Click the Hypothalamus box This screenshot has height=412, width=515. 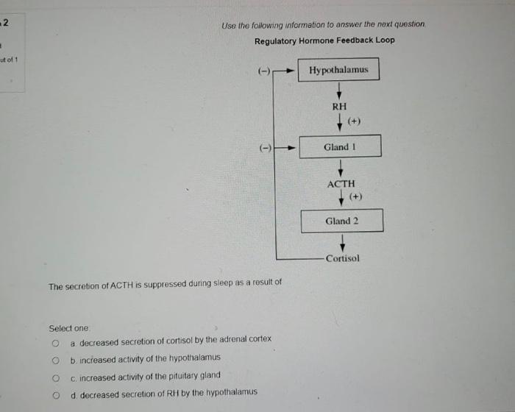coord(339,70)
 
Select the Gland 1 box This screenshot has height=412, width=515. coord(340,146)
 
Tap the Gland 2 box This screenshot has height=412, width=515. coord(342,221)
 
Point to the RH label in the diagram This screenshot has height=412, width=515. coord(339,107)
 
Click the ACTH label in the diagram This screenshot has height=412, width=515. coord(341,184)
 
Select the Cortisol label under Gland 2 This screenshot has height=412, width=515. coord(342,259)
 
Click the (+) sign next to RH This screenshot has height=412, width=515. coord(355,121)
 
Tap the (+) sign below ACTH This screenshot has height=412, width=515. coord(356,196)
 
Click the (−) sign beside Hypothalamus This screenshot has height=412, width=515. coord(264,71)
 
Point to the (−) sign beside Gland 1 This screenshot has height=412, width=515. coord(264,147)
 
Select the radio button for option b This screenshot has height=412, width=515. coord(55,360)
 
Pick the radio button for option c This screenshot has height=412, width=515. coord(55,376)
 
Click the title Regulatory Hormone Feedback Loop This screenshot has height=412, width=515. coord(324,40)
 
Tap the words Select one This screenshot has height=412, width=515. coord(68,328)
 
